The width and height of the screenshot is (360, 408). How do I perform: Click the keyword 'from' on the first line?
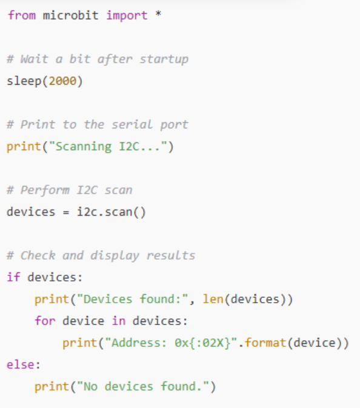(x=21, y=16)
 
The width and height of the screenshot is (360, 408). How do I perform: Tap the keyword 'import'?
(x=127, y=16)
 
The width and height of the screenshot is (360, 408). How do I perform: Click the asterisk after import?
(x=158, y=16)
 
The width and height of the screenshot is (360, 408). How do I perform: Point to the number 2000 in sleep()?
(x=62, y=81)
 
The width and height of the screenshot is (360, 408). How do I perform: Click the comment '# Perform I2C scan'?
(x=69, y=190)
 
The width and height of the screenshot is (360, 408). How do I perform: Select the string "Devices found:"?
(x=127, y=299)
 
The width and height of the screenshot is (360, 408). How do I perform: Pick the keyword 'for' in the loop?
(x=45, y=321)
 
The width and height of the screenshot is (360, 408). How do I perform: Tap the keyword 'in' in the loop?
(x=118, y=321)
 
